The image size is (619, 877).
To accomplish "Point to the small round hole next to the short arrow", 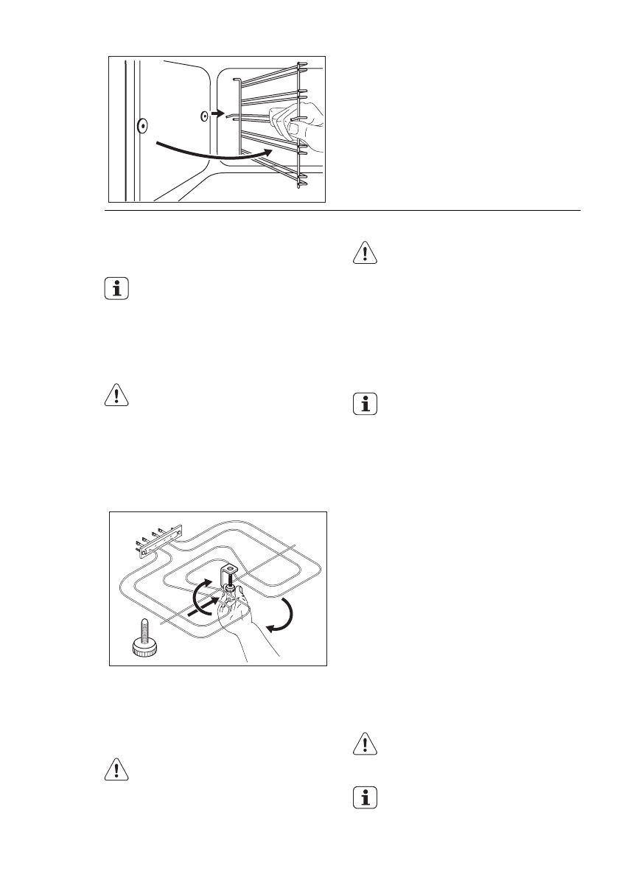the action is pyautogui.click(x=204, y=116).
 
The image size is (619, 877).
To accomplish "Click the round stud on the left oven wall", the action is pyautogui.click(x=141, y=126).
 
